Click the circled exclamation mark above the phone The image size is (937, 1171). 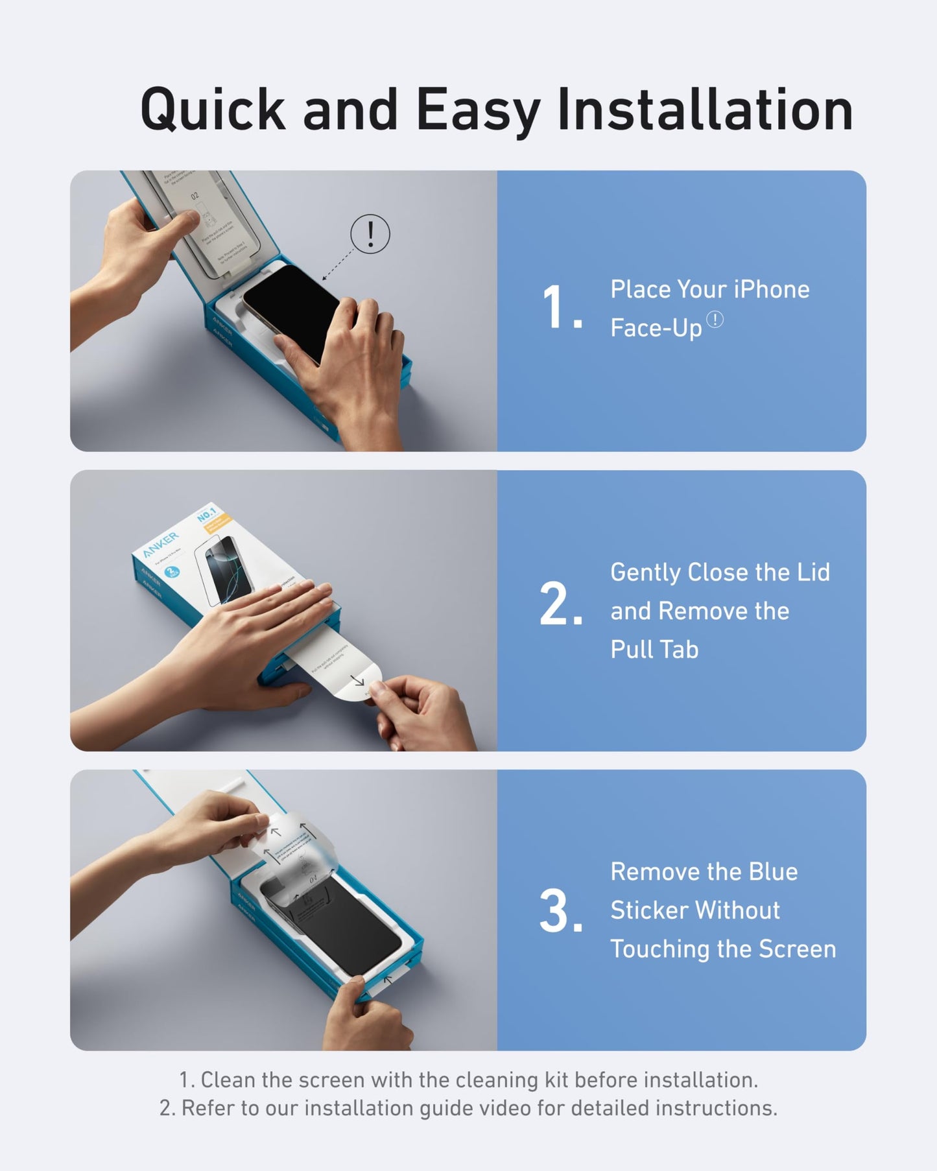370,233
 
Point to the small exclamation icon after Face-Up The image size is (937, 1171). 715,320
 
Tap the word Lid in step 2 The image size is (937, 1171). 814,573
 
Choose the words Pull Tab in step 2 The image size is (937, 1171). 654,650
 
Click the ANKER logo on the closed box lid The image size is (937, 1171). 160,545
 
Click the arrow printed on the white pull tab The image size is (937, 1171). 358,681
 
